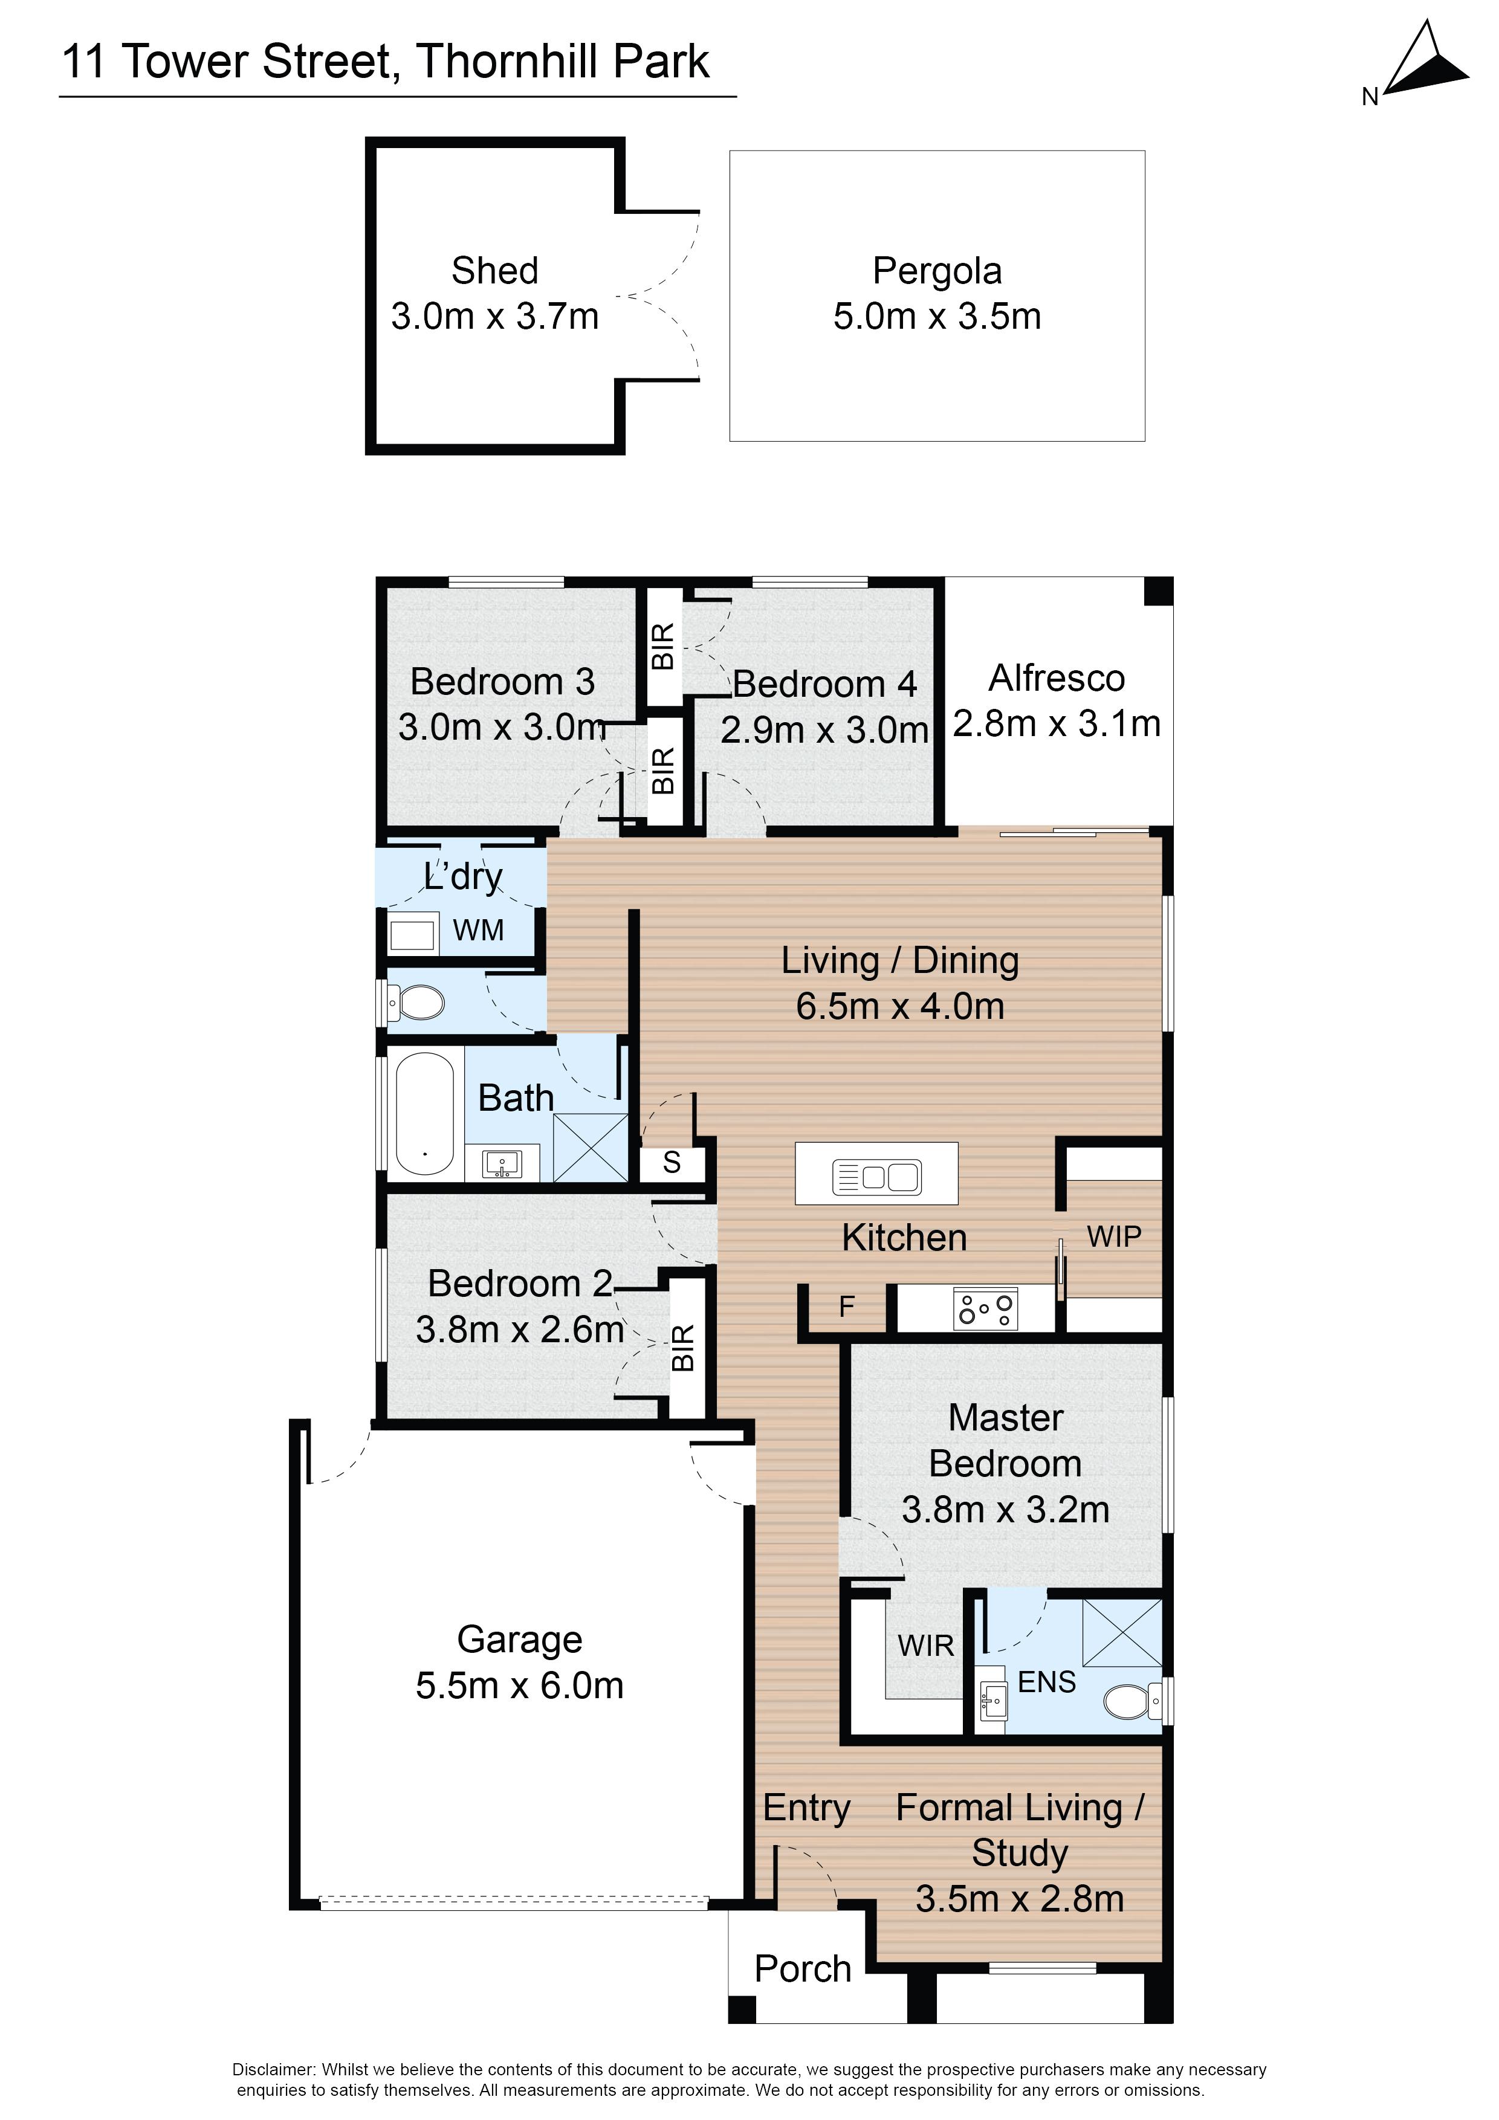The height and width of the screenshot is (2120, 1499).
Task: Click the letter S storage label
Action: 672,1163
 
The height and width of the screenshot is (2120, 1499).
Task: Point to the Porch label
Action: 803,1970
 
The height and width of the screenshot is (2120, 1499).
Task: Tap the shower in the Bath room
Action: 590,1147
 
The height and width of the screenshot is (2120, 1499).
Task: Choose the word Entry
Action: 806,1808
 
